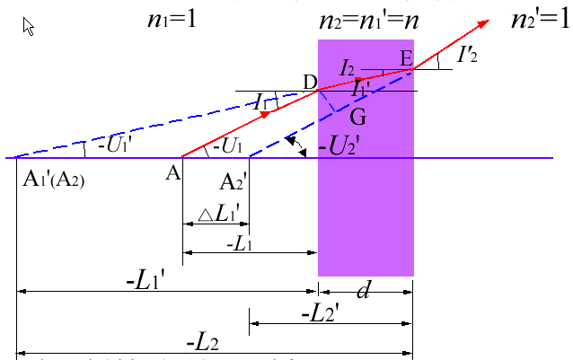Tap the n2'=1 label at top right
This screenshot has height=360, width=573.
click(x=538, y=18)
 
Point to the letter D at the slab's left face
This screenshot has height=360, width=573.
click(x=311, y=83)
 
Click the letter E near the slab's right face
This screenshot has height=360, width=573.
click(x=405, y=57)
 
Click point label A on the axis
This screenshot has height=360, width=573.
click(x=173, y=173)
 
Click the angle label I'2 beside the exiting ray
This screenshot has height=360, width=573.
click(x=466, y=56)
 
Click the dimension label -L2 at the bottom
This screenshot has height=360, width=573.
click(x=204, y=342)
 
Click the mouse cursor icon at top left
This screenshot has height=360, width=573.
click(x=29, y=26)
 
